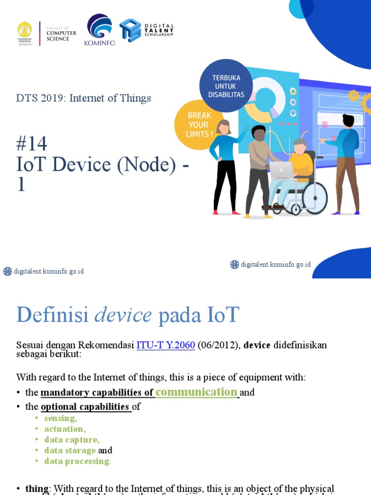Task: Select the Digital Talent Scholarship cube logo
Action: pyautogui.click(x=130, y=30)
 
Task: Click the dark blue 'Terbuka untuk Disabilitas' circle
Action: pyautogui.click(x=226, y=86)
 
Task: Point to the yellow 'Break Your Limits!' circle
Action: pyautogui.click(x=199, y=125)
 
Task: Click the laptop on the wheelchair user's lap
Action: pyautogui.click(x=282, y=171)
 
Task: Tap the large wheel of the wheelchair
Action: pyautogui.click(x=314, y=197)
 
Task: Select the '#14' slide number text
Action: pyautogui.click(x=31, y=144)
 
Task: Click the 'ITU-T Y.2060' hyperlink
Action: pyautogui.click(x=166, y=345)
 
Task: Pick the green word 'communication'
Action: pyautogui.click(x=196, y=392)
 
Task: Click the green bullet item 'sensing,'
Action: pyautogui.click(x=60, y=418)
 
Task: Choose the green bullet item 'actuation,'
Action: pyautogui.click(x=65, y=429)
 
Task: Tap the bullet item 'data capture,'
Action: pyautogui.click(x=71, y=439)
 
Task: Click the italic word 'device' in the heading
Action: pyautogui.click(x=123, y=316)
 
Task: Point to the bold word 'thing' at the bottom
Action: pyautogui.click(x=37, y=489)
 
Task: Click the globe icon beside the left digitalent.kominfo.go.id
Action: pyautogui.click(x=7, y=271)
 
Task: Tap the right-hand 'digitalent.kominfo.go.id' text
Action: pyautogui.click(x=276, y=264)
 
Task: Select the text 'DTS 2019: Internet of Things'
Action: pyautogui.click(x=84, y=98)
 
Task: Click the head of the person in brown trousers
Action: pyautogui.click(x=347, y=120)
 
